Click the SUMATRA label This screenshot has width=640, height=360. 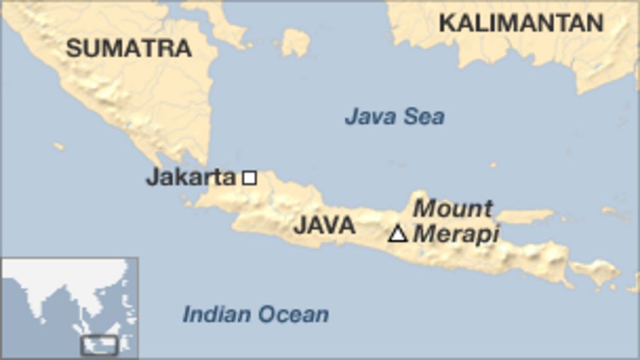[x=129, y=47]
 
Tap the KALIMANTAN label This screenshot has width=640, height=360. [x=521, y=24]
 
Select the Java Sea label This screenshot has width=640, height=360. [x=395, y=117]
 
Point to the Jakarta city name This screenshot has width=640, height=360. [x=190, y=177]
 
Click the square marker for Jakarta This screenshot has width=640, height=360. [x=249, y=177]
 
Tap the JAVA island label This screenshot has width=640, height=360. [x=324, y=226]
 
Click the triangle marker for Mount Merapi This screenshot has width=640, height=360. [x=397, y=233]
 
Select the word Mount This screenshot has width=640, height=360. [x=452, y=209]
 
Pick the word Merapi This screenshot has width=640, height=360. [x=456, y=233]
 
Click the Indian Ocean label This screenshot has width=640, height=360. [x=256, y=314]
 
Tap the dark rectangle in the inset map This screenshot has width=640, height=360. [x=99, y=345]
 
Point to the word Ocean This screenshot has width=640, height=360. [x=294, y=314]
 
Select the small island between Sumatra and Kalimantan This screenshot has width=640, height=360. [x=295, y=43]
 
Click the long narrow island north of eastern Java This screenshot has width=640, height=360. [x=525, y=216]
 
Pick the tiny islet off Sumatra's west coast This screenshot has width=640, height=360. [x=59, y=146]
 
